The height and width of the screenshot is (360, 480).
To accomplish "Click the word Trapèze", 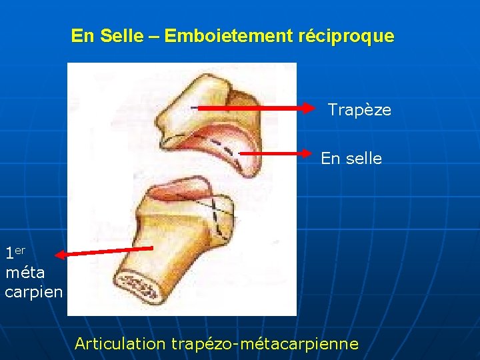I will tap(359, 110).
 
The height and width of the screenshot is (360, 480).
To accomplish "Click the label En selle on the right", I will tap(351, 159).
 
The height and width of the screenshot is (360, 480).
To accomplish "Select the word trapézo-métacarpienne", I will tap(265, 344).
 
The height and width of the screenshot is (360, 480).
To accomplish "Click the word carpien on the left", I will tap(33, 292).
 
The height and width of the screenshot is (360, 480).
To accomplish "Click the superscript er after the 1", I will tap(20, 250).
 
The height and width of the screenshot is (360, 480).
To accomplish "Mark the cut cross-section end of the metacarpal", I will tap(142, 288).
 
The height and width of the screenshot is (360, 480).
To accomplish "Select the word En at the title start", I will tap(83, 36).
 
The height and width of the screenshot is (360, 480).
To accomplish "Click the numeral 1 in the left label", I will tap(9, 254).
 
